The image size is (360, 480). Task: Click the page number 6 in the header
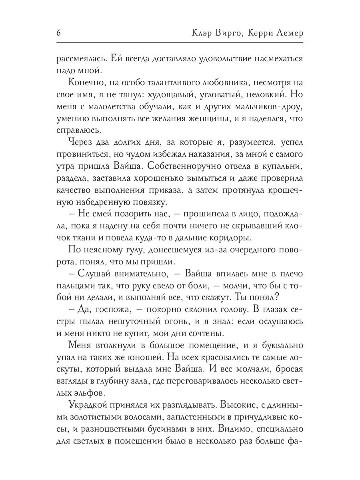point(58,33)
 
